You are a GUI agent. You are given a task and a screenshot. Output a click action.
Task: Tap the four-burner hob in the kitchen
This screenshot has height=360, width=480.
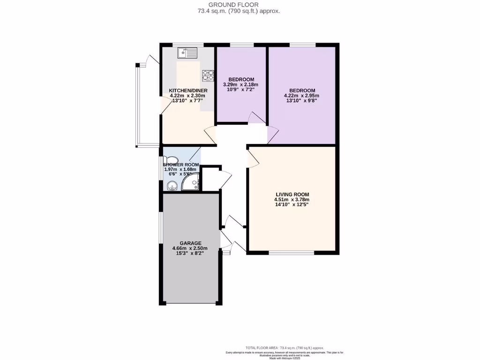tap(208, 75)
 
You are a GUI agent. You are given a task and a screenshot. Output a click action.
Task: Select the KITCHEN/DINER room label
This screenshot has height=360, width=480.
tap(188, 90)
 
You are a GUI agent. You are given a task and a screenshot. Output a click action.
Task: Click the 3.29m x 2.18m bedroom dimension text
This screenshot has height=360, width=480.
tap(241, 85)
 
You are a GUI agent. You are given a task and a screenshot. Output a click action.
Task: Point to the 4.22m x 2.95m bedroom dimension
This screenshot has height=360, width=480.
tap(302, 96)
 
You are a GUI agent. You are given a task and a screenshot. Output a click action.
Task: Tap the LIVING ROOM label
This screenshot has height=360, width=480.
tap(292, 194)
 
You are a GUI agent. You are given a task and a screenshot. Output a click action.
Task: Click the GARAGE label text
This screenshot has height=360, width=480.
tap(190, 243)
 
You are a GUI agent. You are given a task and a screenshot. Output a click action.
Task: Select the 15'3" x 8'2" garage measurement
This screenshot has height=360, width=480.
tap(190, 254)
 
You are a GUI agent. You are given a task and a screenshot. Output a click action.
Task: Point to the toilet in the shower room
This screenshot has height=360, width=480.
tap(171, 160)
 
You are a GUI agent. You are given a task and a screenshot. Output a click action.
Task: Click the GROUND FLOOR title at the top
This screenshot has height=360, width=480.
tap(240, 5)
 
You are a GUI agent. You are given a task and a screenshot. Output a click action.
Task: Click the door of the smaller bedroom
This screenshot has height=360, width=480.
tap(256, 118)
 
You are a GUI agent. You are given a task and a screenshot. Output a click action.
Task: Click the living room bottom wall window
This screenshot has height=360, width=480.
tap(292, 253)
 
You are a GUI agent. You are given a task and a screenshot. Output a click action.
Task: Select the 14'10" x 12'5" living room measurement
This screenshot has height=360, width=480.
tap(292, 205)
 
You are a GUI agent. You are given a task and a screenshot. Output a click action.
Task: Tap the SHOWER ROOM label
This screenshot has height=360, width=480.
tap(181, 165)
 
